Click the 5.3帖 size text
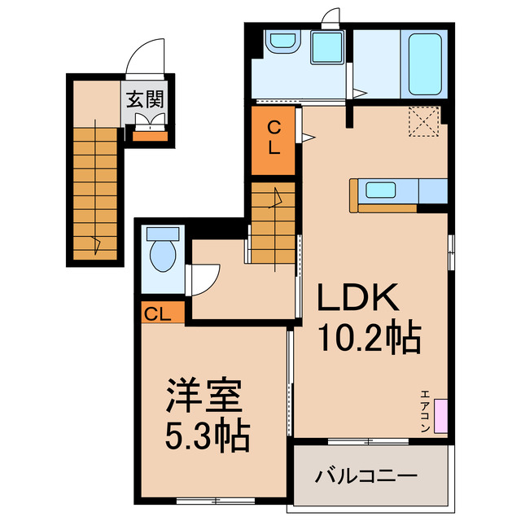[x=207, y=438]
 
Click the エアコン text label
[x=425, y=411]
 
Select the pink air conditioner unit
[x=440, y=415]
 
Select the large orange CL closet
[x=274, y=138]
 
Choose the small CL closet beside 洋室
[x=159, y=313]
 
